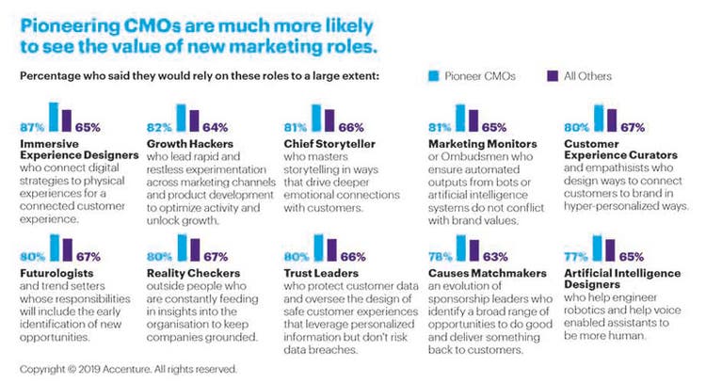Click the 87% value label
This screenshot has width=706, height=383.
[x=31, y=125]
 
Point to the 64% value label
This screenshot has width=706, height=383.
[x=216, y=125]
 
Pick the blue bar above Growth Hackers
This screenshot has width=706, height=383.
[x=180, y=117]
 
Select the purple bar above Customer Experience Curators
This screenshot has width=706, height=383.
[x=611, y=119]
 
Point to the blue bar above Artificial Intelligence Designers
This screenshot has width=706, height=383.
[x=593, y=247]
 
